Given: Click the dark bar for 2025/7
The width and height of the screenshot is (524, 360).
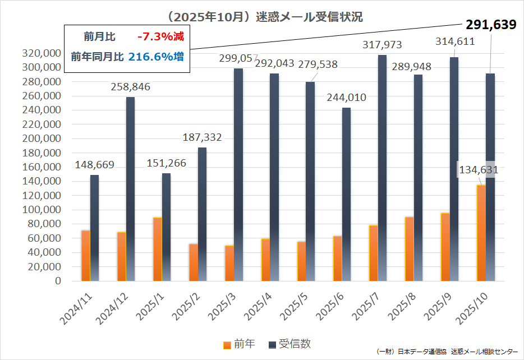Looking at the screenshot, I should (x=382, y=168).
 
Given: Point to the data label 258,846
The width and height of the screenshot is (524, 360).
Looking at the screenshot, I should (x=130, y=87).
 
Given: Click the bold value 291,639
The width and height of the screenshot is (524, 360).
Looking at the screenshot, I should (x=491, y=25).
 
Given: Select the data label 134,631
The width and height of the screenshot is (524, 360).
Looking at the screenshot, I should (x=479, y=170).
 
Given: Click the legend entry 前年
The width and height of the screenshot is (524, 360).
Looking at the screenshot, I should (x=240, y=344).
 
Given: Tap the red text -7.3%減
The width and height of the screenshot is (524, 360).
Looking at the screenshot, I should (x=160, y=37).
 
